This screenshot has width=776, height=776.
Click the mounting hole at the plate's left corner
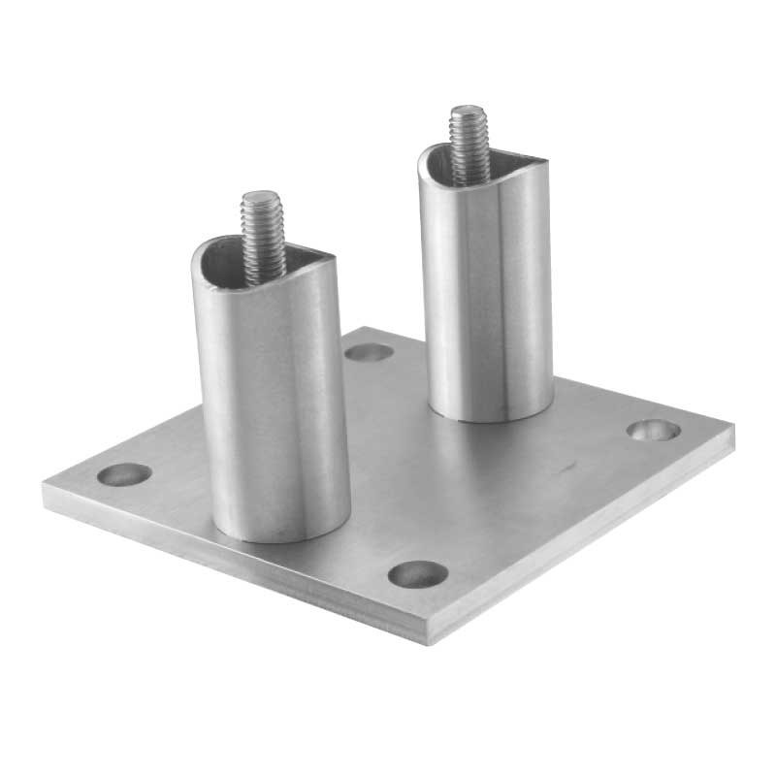[x=125, y=475]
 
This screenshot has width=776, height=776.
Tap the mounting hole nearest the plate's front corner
[x=418, y=573]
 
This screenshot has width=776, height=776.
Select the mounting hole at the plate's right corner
[x=651, y=428]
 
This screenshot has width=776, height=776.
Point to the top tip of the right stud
[x=467, y=109]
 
